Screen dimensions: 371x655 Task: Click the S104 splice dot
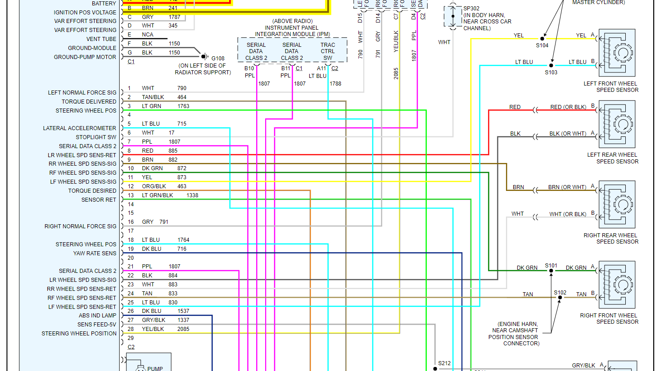tap(542, 39)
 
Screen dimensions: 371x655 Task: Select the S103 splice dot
tap(551, 65)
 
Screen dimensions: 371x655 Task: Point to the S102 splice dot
tap(560, 298)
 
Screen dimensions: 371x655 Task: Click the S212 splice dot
tap(435, 369)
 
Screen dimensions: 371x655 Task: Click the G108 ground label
tap(218, 58)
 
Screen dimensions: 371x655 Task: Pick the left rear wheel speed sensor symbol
tap(617, 124)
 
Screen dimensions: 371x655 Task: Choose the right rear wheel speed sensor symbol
tap(617, 205)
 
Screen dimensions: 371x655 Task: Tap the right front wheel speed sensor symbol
tap(617, 285)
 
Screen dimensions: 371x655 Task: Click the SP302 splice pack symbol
tap(452, 17)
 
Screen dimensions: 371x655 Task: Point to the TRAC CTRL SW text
tap(328, 51)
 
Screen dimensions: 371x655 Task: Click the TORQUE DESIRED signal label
tap(92, 191)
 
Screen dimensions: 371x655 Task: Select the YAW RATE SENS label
tap(95, 253)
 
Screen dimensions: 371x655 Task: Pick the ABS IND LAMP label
tap(97, 316)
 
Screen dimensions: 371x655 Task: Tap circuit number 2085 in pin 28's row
tap(183, 329)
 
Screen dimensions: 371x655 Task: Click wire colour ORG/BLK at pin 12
tap(154, 186)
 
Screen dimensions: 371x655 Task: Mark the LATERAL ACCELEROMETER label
tap(79, 128)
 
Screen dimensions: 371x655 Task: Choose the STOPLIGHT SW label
tap(96, 137)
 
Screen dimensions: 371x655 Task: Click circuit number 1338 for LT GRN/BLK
tap(192, 195)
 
